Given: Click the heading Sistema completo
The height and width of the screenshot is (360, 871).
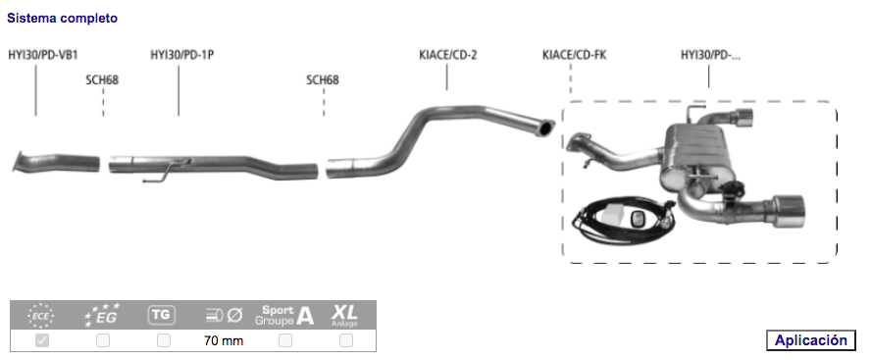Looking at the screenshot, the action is pos(62,18).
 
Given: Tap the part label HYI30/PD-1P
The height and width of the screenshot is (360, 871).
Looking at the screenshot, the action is pos(182,55).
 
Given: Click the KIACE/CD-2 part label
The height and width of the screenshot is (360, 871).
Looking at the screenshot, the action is pos(448,55).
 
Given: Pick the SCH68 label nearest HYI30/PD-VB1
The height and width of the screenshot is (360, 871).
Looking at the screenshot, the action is pos(102,80).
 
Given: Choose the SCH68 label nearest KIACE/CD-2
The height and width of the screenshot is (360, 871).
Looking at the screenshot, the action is pos(323,80).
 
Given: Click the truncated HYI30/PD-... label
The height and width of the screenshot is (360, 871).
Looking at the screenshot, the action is pos(710,55).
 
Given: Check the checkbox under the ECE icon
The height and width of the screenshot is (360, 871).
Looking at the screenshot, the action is pos(42,340).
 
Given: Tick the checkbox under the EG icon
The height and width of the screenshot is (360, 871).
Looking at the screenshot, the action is pos(103,340).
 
